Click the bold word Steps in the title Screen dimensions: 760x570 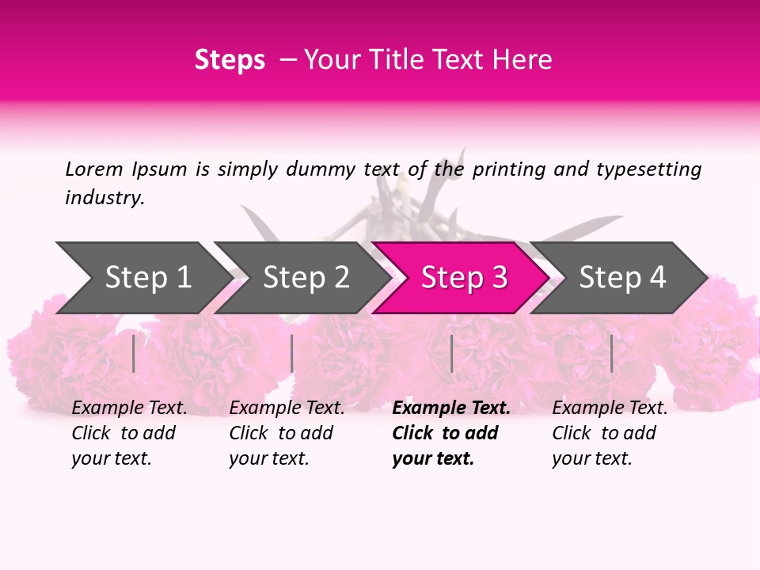[230, 60]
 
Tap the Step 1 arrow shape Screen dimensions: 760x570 [144, 278]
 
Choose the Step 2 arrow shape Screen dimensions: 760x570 [302, 278]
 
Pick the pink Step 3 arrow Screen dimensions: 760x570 [461, 278]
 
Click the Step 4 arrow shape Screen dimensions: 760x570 [618, 278]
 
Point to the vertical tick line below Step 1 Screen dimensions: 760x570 [133, 354]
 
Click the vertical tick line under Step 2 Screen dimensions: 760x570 [292, 354]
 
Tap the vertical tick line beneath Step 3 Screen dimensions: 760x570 [452, 354]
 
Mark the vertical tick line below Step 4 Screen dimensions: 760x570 [612, 354]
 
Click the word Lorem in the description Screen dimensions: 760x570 [94, 169]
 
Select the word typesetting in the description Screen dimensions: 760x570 [649, 170]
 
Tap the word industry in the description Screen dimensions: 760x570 [103, 198]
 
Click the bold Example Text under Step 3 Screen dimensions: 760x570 [451, 408]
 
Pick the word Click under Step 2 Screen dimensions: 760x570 [248, 433]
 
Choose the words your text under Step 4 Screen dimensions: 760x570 [592, 458]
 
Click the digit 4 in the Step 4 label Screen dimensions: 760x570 [657, 277]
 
